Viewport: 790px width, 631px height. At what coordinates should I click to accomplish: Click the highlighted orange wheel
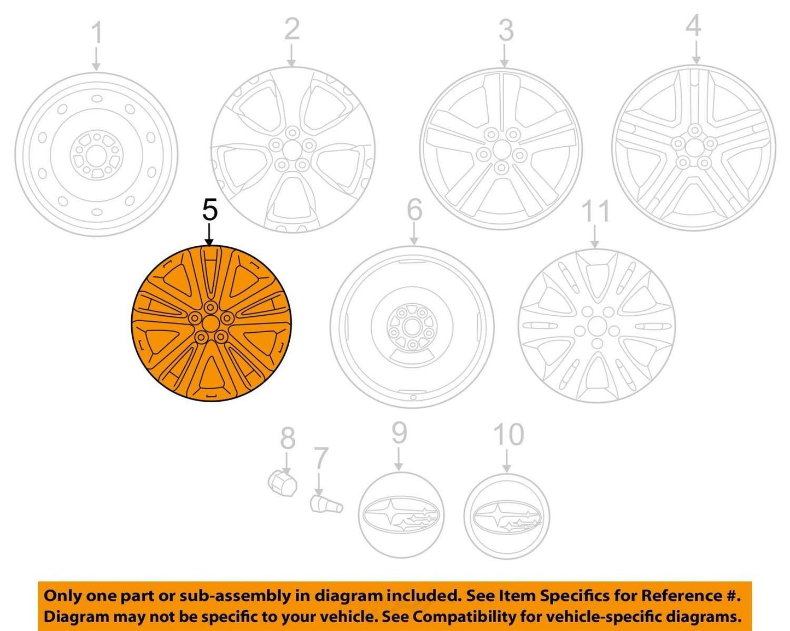point(211,323)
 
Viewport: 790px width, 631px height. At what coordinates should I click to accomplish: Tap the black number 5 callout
point(209,210)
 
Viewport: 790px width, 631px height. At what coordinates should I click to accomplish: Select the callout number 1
point(97,33)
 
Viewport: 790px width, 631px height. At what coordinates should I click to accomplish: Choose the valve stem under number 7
point(326,505)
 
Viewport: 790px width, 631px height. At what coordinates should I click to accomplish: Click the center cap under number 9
point(401,515)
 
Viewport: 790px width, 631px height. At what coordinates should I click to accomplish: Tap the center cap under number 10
point(507,516)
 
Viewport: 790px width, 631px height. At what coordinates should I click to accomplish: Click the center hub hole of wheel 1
point(97,154)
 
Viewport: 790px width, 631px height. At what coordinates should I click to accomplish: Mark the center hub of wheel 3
point(501,150)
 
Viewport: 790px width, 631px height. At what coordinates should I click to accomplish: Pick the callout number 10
point(508,434)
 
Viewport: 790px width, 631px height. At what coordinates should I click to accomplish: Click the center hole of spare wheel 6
point(412,327)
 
